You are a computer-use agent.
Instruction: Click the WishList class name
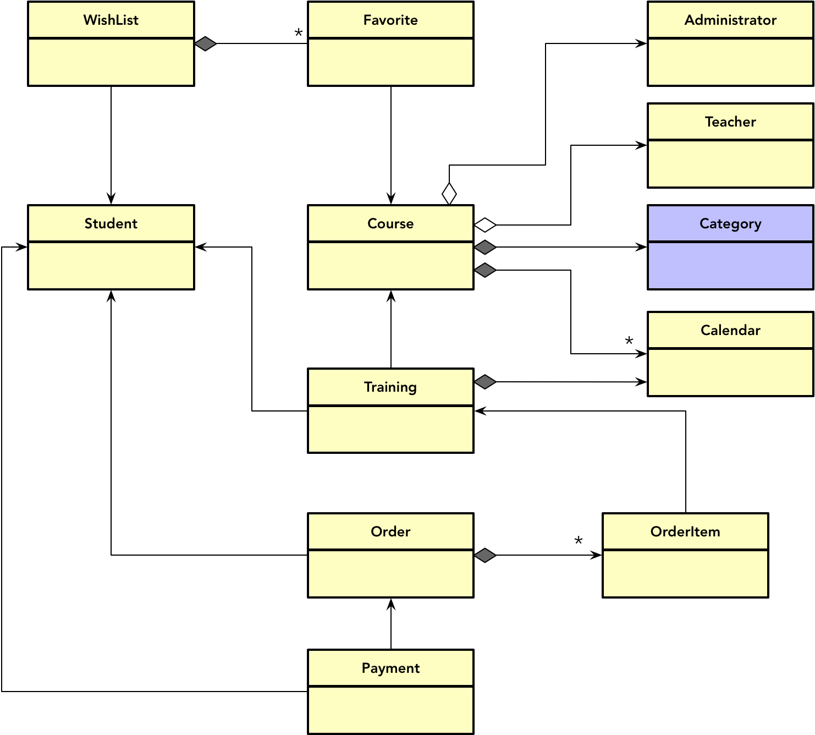tap(111, 20)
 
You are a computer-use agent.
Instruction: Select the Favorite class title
tap(390, 20)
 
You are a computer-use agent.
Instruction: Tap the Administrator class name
tap(730, 20)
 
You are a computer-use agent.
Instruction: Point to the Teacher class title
tap(730, 122)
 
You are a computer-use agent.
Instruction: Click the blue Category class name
tap(730, 223)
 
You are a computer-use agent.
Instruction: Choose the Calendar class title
tap(730, 330)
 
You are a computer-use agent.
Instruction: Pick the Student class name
tap(111, 223)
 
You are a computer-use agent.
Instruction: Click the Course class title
tap(390, 223)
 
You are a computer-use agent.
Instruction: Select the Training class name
tap(390, 387)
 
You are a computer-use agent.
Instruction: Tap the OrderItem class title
tap(685, 531)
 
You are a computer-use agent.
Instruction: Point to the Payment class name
tap(390, 668)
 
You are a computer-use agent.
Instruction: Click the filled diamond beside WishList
tap(206, 43)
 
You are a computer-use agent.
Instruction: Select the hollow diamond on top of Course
tap(449, 194)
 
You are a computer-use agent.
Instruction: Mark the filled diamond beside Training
tap(485, 382)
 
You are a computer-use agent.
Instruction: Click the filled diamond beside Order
tap(485, 555)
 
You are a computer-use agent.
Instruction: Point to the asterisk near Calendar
tap(629, 342)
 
